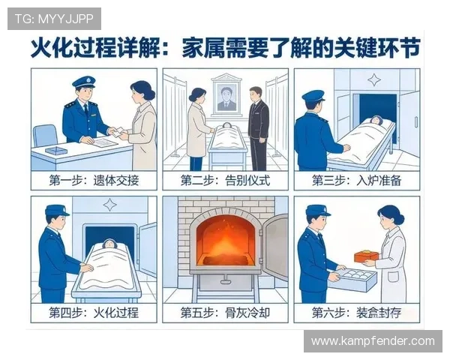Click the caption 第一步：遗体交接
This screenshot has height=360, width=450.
click(94, 181)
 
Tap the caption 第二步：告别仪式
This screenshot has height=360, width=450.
click(225, 181)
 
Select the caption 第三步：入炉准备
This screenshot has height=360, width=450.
click(356, 181)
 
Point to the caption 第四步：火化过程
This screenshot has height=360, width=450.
click(94, 313)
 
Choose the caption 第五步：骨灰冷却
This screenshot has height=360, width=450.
click(225, 313)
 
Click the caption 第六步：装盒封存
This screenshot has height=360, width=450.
click(356, 313)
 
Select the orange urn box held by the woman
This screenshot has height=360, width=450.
click(365, 256)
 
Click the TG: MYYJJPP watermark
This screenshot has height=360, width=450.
click(54, 18)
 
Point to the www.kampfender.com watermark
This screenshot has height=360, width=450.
click(372, 341)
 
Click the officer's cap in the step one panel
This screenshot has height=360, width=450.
click(83, 81)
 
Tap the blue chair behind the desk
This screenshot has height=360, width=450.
click(45, 136)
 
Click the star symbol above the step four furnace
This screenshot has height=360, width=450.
click(110, 205)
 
